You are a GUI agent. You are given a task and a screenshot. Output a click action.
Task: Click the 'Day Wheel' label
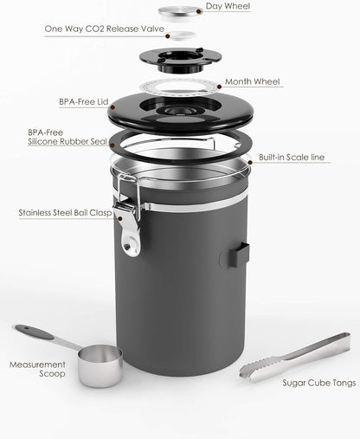[228, 7]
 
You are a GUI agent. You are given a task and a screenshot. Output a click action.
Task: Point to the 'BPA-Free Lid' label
[82, 101]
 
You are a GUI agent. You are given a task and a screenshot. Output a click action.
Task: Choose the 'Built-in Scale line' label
[293, 158]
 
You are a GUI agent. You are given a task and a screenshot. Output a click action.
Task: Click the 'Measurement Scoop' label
[37, 371]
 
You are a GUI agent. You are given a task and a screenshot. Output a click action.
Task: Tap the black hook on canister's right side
[241, 255]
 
